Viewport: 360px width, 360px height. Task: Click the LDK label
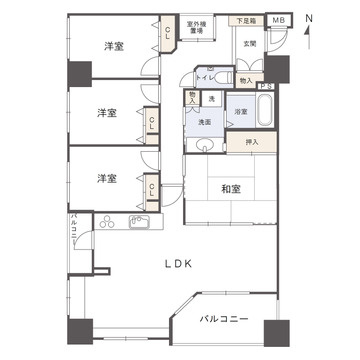178,265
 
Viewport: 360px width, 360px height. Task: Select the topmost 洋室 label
112,46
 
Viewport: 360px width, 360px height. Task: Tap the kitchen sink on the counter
139,220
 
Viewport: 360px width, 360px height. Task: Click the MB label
278,19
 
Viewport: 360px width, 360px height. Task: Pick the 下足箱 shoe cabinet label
246,19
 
